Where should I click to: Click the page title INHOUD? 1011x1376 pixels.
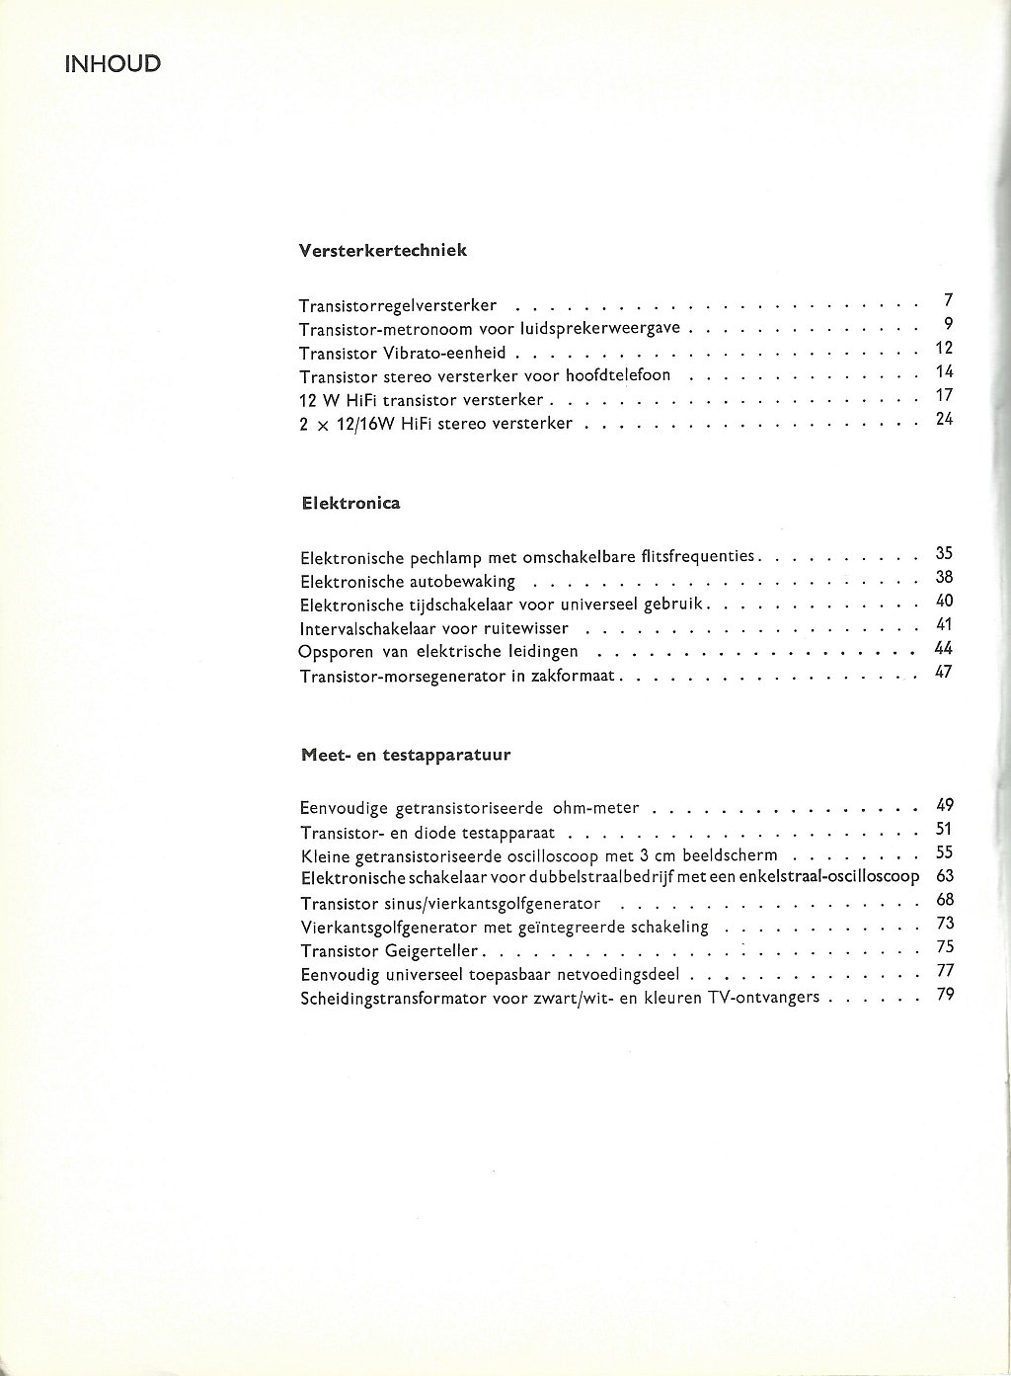coord(113,65)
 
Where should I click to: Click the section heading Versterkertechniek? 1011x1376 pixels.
coord(382,250)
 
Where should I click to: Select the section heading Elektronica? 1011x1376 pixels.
coord(350,503)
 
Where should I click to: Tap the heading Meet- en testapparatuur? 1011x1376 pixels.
coord(405,756)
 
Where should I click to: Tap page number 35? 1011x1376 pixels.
coord(943,553)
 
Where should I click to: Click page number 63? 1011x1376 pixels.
coord(943,876)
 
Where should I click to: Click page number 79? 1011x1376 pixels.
coord(943,994)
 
